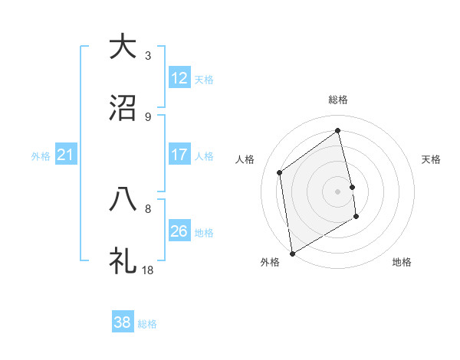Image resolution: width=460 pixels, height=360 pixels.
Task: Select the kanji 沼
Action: pos(123,109)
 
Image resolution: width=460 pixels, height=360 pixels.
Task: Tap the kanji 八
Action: pos(123,199)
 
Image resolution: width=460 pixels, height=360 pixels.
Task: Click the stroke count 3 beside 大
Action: pos(148,55)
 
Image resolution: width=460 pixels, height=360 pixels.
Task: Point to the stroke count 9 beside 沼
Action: pos(148,117)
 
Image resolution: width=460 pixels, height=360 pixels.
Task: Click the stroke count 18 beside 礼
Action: pos(148,270)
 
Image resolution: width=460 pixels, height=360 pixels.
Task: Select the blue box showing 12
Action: pos(179,78)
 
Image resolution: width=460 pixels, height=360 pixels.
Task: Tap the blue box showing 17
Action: pos(179,155)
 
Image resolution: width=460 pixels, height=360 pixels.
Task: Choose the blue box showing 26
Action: pos(179,231)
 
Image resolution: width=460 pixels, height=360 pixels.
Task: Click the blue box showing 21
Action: pos(66,155)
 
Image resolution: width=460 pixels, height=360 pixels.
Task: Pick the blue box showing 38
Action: pos(123,322)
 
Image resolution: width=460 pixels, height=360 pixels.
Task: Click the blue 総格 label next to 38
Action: pos(147,324)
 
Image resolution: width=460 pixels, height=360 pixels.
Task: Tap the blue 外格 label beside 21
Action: pos(41,156)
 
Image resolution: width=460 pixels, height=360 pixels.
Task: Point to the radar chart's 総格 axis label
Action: pos(337,100)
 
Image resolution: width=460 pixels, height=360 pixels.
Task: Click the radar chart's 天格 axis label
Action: pos(432,159)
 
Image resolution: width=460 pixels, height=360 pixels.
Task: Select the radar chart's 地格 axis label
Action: pos(402,262)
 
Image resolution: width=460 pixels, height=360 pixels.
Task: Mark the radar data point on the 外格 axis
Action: pos(292,253)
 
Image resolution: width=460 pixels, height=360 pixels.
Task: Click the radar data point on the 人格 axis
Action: pos(280,172)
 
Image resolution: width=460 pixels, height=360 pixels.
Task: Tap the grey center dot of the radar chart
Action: pos(337,191)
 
